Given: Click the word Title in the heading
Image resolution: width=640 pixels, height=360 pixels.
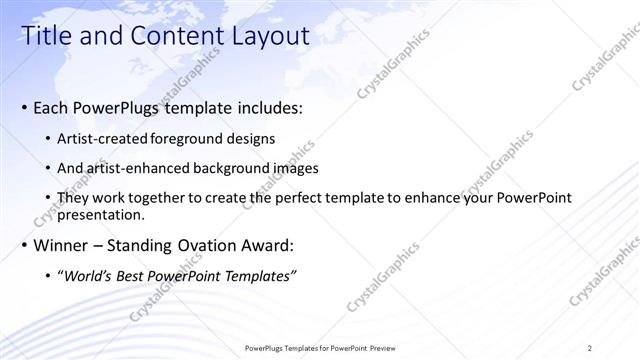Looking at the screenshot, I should point(45,37).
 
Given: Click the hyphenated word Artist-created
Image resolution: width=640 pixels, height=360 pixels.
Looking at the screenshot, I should point(105,137).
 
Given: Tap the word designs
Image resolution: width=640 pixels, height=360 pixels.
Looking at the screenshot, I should point(253,137).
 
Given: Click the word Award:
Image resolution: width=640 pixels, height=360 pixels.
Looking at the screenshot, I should point(267,245).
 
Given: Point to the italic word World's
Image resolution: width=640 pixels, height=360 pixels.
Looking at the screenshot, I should point(91,276).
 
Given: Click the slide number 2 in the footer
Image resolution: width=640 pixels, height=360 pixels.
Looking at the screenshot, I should point(590,347).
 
